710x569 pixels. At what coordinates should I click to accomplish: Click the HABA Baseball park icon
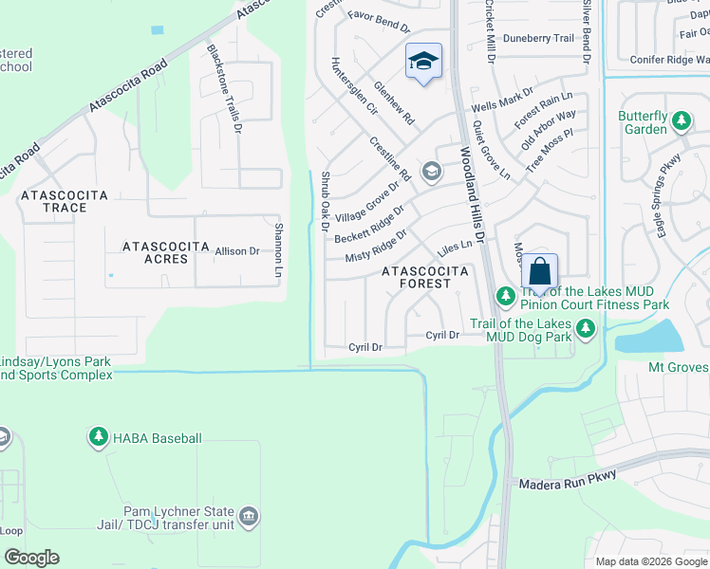click(98, 437)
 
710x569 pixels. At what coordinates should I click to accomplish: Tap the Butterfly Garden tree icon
click(681, 120)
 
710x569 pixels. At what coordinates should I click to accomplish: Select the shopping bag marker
click(539, 272)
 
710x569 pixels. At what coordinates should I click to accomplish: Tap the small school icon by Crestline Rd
click(432, 171)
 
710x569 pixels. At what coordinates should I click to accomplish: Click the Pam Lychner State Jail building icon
click(249, 517)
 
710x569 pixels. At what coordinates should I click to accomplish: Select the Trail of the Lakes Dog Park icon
click(586, 329)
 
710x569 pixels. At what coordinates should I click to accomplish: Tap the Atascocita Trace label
click(65, 201)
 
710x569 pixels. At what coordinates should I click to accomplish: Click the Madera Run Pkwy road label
click(569, 480)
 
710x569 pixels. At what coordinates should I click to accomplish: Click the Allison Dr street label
click(237, 251)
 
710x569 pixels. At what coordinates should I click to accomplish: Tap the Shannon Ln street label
click(279, 249)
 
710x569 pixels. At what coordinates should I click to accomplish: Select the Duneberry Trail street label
click(538, 39)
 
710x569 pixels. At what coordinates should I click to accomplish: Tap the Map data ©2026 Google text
click(650, 561)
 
